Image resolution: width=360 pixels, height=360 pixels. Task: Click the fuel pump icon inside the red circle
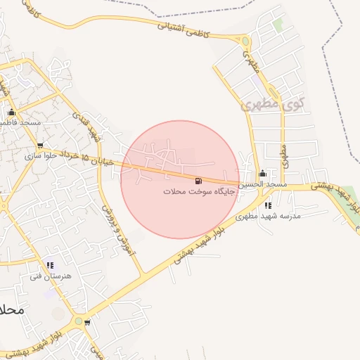coord(196,181)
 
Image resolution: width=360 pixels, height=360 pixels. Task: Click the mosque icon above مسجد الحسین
coord(262,174)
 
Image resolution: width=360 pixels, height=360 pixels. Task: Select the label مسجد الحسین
coord(262,184)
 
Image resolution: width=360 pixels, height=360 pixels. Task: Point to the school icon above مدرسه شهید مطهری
coord(267,205)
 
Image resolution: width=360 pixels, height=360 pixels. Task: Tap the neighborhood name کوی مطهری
coord(272,105)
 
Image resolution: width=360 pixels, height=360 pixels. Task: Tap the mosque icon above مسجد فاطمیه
coord(11,112)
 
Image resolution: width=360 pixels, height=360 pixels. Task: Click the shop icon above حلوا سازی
coord(40,146)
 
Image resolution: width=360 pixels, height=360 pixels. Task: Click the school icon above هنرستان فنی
coord(49,266)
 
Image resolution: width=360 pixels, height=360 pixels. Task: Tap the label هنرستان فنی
coord(51,276)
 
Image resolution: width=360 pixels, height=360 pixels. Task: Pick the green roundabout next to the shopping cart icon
coord(78,319)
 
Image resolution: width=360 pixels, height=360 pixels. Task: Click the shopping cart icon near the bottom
coord(87,323)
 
